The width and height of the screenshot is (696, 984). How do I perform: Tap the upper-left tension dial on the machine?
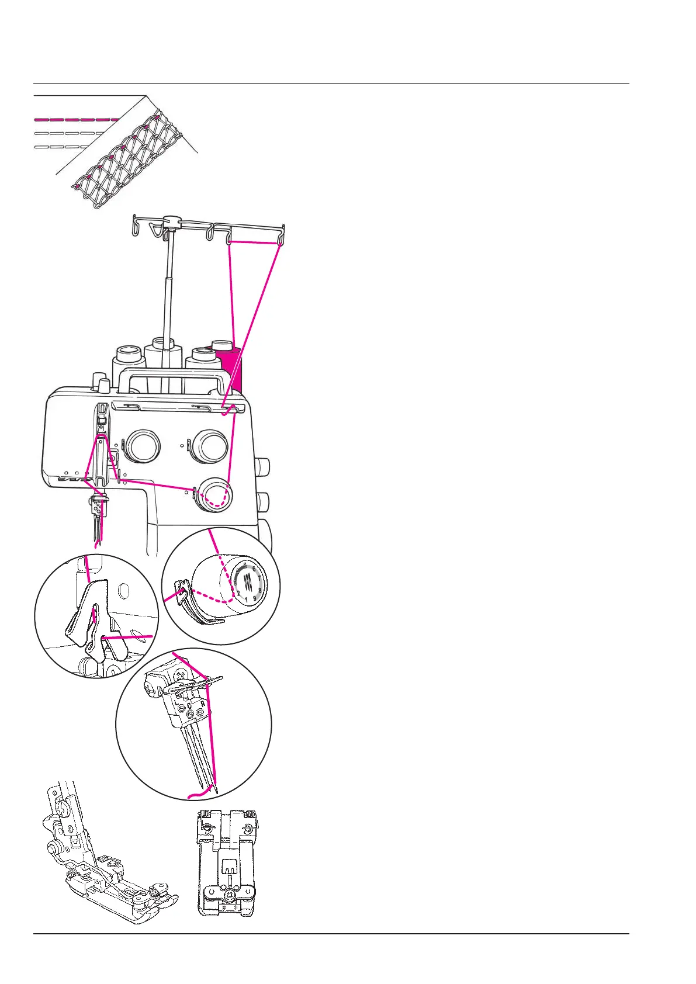(142, 446)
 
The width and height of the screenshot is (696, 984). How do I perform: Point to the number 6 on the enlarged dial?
(254, 569)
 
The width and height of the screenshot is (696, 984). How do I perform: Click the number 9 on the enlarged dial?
(255, 598)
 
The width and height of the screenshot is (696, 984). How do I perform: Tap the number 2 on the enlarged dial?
(239, 593)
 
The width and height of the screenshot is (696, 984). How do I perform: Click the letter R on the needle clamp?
(202, 705)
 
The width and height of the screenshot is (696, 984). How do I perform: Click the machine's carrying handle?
(169, 376)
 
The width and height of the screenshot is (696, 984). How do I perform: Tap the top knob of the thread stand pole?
(171, 221)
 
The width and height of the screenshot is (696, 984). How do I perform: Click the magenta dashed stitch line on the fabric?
(76, 119)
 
